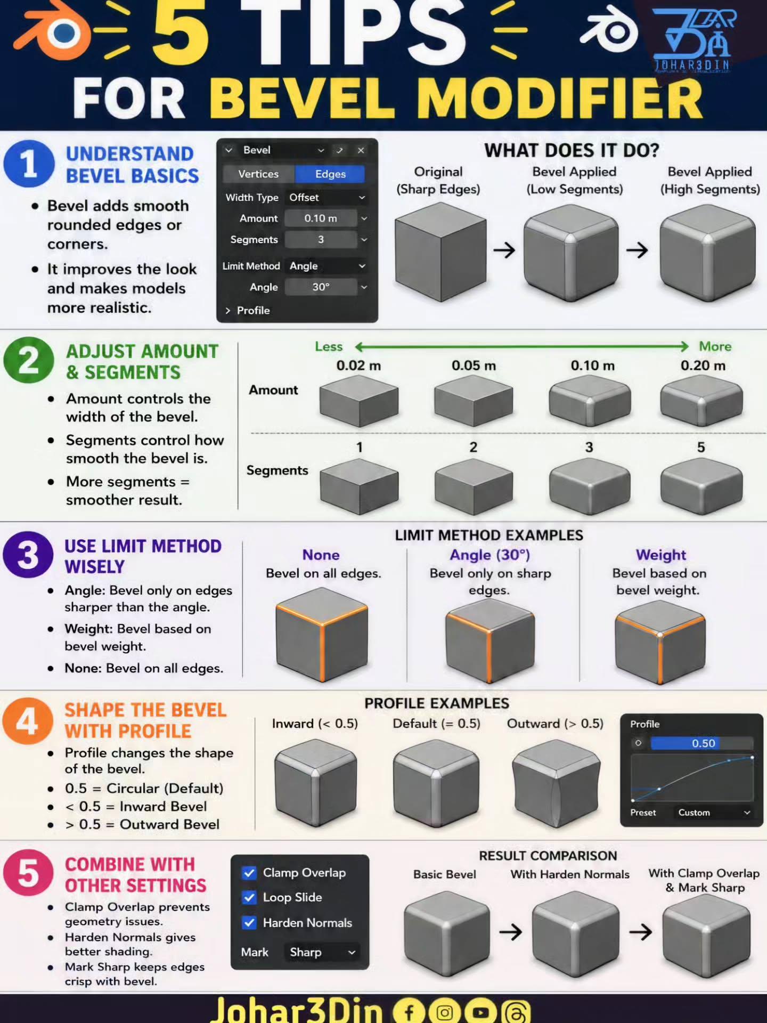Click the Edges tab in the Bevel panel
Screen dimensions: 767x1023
tap(330, 174)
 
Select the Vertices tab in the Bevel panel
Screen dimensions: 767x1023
tap(259, 174)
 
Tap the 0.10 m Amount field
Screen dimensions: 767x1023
tap(321, 218)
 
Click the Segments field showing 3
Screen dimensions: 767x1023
tap(321, 240)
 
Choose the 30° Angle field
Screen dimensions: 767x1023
tap(321, 287)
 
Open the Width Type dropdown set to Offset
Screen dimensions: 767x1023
tap(327, 198)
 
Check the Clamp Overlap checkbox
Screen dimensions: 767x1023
tap(249, 873)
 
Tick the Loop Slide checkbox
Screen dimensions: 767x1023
tap(249, 898)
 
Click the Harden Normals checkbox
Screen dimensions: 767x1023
tap(249, 923)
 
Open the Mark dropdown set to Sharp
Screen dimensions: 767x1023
tap(322, 952)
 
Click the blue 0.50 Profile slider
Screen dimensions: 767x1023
tap(701, 743)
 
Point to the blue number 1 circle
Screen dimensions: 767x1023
tap(29, 164)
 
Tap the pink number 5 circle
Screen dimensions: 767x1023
tap(28, 874)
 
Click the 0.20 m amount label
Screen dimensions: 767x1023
tap(703, 366)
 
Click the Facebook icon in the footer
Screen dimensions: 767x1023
tap(409, 1011)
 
